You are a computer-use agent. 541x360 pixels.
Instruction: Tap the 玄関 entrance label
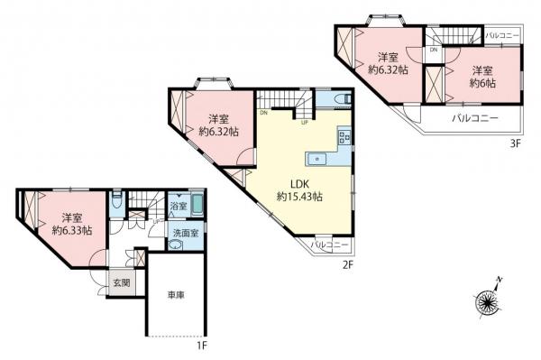coord(120,282)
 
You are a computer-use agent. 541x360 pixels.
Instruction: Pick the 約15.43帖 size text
coord(300,196)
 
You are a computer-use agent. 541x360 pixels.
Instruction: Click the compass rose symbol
coord(490,301)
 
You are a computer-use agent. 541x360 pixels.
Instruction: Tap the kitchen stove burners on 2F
coord(343,138)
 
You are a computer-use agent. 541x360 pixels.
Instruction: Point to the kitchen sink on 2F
coord(318,161)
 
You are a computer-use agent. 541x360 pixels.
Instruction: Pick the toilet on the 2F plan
coord(341,98)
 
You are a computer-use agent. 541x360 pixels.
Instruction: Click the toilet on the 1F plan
coord(117,199)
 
